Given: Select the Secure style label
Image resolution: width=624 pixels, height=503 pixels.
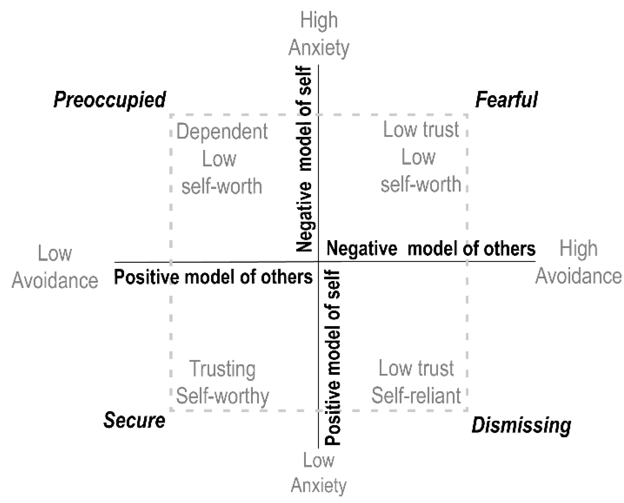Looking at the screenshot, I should click(x=134, y=420).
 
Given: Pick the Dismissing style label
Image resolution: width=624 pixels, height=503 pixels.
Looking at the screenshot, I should click(x=521, y=425).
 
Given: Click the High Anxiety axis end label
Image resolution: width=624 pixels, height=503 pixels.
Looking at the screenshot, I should click(x=319, y=34).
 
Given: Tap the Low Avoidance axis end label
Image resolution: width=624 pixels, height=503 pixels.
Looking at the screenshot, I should click(x=55, y=267).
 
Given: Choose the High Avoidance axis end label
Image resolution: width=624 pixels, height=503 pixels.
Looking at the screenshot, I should click(x=578, y=262).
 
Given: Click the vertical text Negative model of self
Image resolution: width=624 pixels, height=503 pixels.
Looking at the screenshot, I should click(x=304, y=159).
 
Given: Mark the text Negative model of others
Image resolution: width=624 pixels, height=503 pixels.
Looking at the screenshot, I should click(x=431, y=249).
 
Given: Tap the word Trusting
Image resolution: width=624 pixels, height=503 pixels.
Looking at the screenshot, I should click(x=222, y=369).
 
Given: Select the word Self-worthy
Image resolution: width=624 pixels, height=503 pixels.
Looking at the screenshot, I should click(x=222, y=396).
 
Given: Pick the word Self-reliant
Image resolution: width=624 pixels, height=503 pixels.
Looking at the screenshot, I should click(x=416, y=395).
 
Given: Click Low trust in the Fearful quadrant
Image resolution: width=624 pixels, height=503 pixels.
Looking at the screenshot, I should click(x=421, y=129).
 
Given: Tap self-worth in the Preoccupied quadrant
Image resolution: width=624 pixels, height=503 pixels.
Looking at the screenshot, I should click(x=222, y=186).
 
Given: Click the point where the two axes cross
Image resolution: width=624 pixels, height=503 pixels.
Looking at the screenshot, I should click(x=319, y=262).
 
